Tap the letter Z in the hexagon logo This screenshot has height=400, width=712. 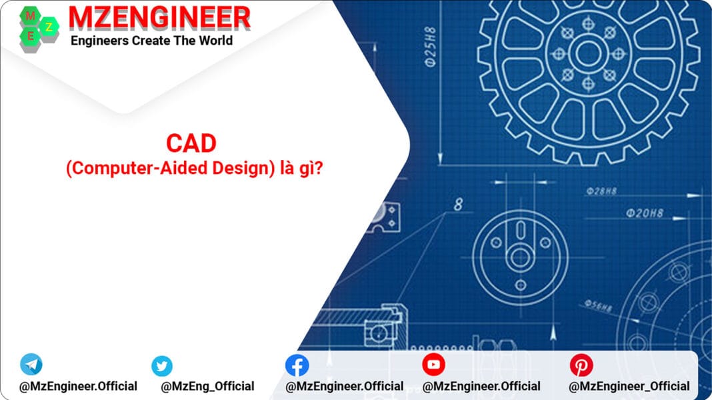coord(48,27)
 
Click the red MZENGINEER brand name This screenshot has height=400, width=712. coord(160,17)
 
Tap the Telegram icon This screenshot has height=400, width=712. coord(31,364)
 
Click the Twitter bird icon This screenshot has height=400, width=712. coord(161,365)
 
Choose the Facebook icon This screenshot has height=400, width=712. coord(297,365)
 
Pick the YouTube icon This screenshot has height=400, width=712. coord(433,364)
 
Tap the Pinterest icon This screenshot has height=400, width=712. coord(581,365)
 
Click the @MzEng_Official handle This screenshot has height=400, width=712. coord(207,386)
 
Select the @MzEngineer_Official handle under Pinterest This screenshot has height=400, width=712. coord(629,386)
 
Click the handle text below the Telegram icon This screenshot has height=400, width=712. coord(78,386)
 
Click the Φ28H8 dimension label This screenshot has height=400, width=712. coord(602,191)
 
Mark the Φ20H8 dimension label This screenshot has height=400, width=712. coord(644,213)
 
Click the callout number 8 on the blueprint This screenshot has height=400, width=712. coord(458,205)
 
